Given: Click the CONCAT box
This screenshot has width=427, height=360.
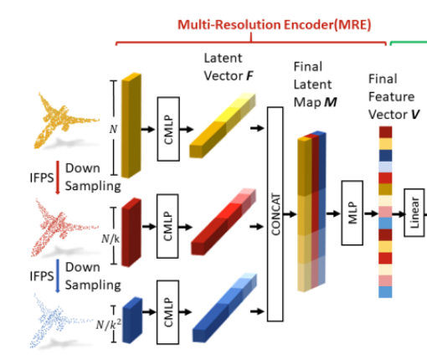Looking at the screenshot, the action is tap(275, 214).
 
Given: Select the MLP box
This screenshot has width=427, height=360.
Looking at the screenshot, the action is tap(352, 213).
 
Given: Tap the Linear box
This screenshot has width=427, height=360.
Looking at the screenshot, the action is tap(414, 213).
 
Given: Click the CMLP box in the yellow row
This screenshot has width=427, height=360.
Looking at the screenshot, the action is tap(168, 129).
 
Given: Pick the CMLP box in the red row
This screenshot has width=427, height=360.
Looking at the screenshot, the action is tap(167, 226).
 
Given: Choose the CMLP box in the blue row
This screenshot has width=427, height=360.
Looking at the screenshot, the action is tap(167, 312).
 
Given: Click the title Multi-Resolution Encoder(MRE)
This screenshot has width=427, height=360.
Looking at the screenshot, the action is tap(275, 25).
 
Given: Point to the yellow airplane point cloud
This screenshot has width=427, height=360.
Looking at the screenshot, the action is tap(66, 121).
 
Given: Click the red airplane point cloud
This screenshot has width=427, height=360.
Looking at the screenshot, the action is tap(64, 228).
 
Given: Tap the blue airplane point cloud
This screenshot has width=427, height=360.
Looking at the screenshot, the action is tap(62, 321).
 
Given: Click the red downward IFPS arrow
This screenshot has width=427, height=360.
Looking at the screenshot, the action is tap(58, 177).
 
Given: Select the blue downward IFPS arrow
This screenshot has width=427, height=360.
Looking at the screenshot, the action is tap(58, 275).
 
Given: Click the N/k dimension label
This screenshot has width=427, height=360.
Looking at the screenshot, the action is tap(111, 239).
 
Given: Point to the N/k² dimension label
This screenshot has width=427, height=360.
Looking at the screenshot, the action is tap(109, 324).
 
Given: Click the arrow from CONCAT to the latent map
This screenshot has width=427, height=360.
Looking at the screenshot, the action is tap(290, 214).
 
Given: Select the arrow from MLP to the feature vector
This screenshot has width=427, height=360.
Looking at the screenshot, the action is tap(371, 213).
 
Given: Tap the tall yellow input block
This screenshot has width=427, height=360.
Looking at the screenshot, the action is tap(131, 126).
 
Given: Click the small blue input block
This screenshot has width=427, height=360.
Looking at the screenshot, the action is tap(132, 321).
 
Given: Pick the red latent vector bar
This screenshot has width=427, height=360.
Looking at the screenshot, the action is tap(224, 222).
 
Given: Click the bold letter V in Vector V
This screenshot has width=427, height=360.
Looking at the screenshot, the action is tap(415, 115).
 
